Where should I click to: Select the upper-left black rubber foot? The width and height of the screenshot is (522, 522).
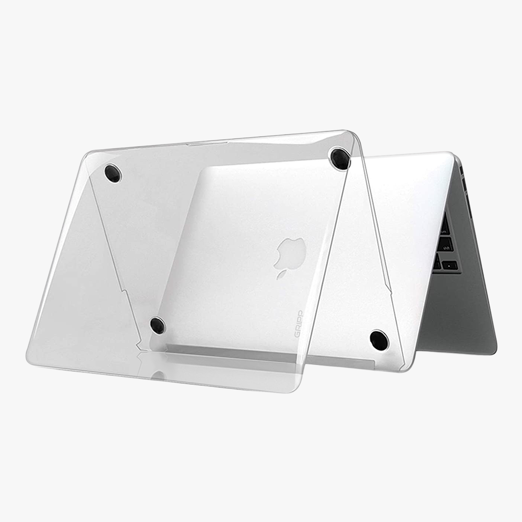coord(113,173)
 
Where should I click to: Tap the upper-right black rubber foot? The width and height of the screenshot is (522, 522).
coord(339,158)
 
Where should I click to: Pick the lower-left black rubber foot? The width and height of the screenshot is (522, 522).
coord(158,325)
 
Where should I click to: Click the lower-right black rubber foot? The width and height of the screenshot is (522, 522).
coord(379,340)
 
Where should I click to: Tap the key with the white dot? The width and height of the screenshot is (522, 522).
coord(449,265)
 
